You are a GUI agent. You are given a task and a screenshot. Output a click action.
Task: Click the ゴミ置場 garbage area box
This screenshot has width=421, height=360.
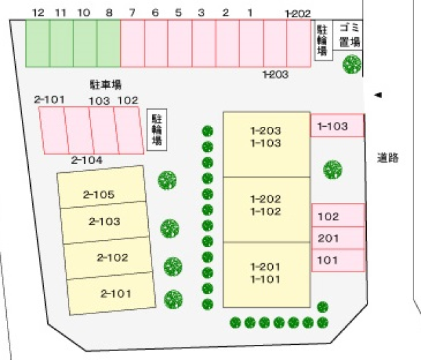click(x=348, y=35)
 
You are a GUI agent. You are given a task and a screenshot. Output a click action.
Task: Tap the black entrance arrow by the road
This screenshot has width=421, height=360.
click(x=378, y=95)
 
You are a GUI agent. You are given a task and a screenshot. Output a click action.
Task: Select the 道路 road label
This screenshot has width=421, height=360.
click(x=387, y=158)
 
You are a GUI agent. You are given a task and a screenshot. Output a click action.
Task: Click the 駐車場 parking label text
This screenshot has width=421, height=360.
click(x=106, y=84)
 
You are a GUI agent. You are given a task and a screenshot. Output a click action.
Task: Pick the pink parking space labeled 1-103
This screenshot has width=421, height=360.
click(x=337, y=125)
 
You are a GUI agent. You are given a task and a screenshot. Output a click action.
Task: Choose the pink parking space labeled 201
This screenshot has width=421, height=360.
click(x=338, y=238)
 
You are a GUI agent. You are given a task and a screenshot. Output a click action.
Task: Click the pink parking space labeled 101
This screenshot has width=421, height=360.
click(x=338, y=261)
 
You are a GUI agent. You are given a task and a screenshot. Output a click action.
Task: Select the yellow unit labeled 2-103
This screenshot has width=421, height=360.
click(x=105, y=223)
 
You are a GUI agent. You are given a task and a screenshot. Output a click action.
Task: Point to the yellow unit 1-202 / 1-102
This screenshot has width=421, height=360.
click(x=267, y=210)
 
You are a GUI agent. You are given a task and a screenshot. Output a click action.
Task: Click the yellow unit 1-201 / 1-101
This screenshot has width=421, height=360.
click(x=267, y=275)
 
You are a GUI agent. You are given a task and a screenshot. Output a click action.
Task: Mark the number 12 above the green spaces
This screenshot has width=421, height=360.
click(x=38, y=12)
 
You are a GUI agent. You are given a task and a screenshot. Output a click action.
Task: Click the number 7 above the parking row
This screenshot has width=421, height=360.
click(x=132, y=12)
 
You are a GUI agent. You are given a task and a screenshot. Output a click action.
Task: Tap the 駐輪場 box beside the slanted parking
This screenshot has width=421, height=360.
click(x=157, y=130)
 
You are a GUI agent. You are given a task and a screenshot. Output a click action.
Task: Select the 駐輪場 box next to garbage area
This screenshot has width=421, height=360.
click(x=323, y=40)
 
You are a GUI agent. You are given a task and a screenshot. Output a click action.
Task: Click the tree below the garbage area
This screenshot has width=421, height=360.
click(x=352, y=64)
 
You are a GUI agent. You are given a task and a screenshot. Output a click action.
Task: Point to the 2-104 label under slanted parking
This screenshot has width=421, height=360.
click(x=86, y=160)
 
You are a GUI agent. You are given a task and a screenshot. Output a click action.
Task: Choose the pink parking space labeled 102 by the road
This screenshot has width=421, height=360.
click(x=338, y=215)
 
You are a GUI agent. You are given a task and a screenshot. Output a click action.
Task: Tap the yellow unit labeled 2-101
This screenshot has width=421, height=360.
click(x=111, y=293)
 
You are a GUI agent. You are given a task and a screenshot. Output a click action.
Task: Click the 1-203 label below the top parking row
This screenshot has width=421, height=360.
click(x=276, y=74)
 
